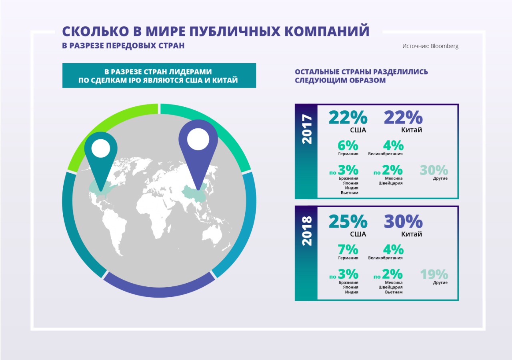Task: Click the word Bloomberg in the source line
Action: point(444,46)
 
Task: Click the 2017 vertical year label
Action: point(306,130)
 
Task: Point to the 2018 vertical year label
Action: point(306,231)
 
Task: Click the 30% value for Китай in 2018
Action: point(403,222)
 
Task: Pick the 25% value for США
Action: point(348,222)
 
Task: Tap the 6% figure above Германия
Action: point(348,146)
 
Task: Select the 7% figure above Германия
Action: point(348,250)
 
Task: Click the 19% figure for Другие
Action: point(434,274)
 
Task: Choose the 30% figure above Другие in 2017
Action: point(434,170)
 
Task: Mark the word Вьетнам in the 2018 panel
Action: point(394,292)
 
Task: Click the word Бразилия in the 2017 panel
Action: point(348,178)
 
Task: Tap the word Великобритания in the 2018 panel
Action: point(386,258)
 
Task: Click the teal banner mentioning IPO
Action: point(159,76)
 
